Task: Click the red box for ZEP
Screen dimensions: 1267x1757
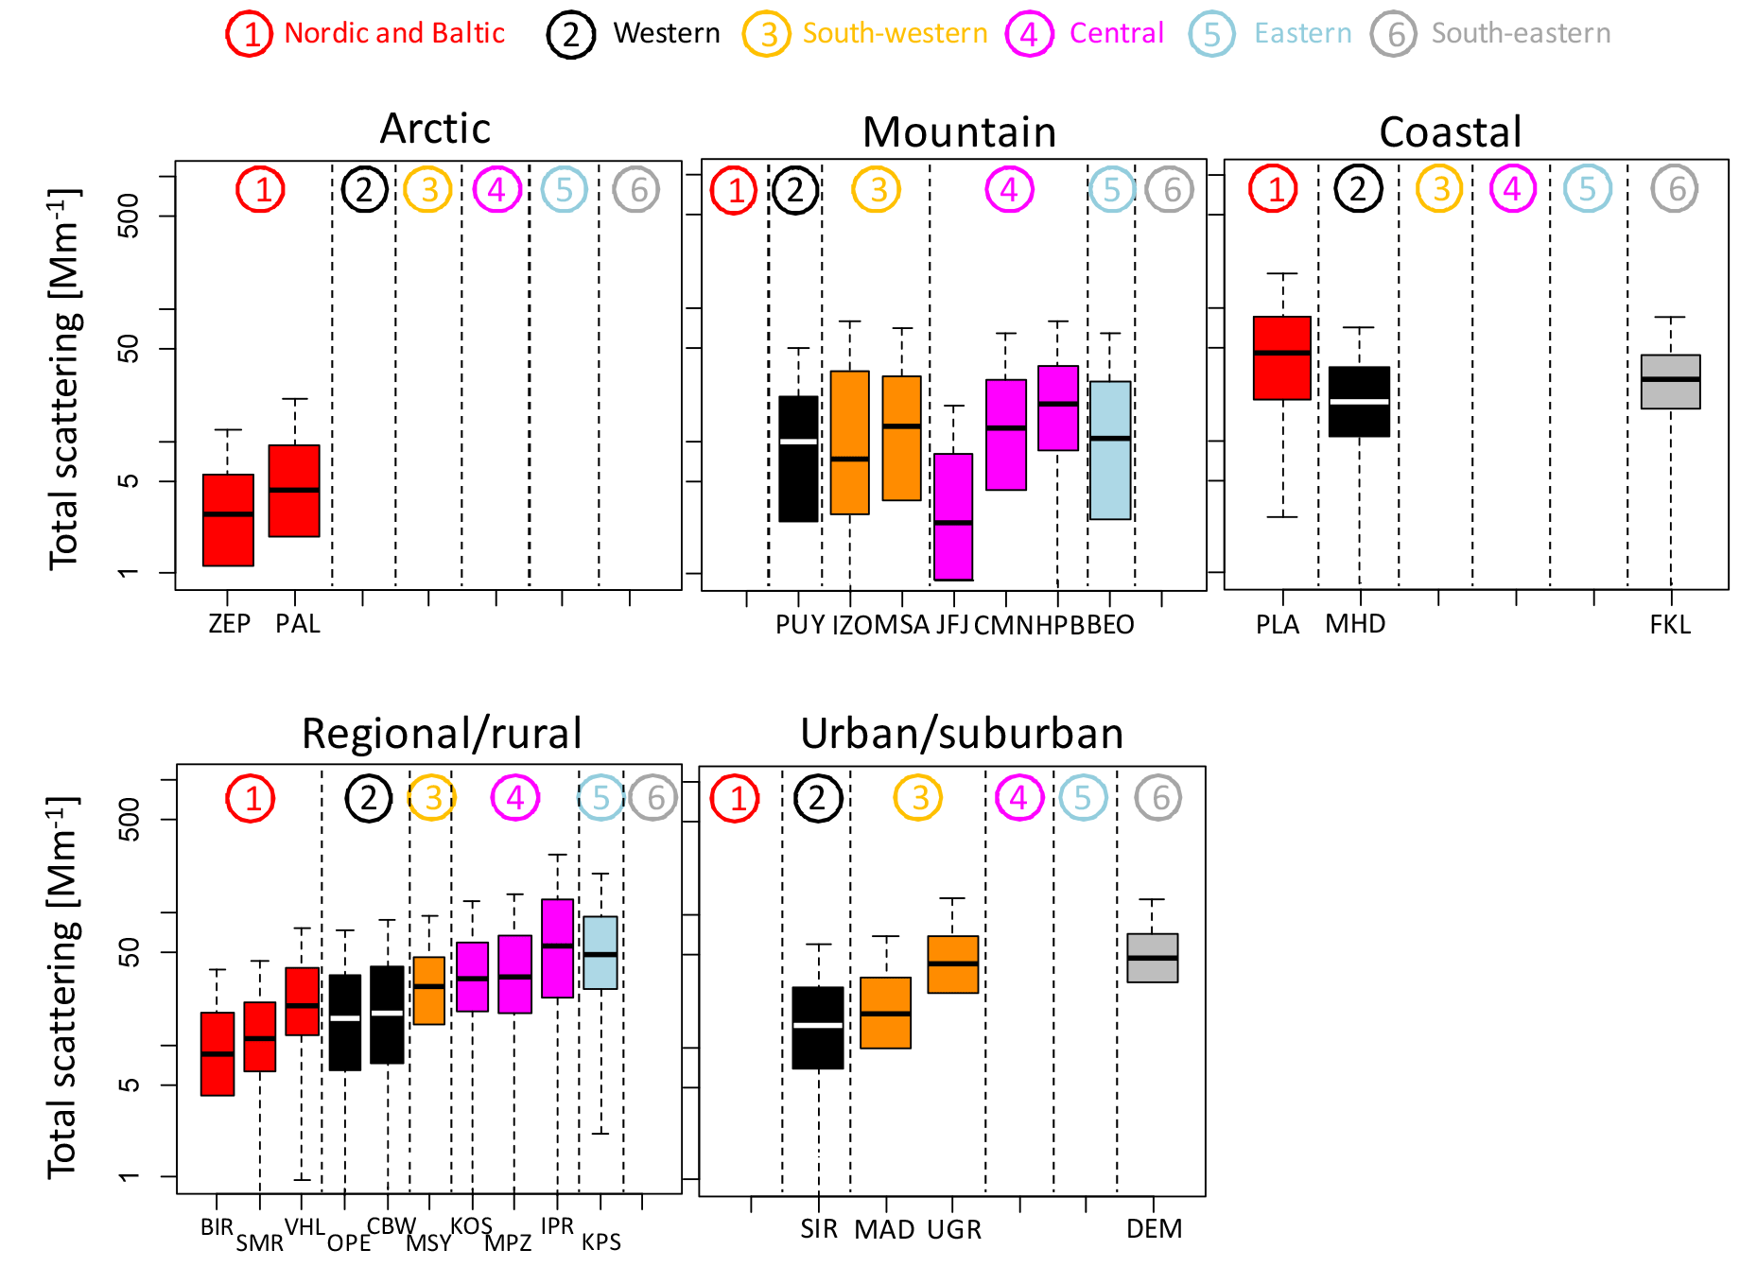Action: point(228,520)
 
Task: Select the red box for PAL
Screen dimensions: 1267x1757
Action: point(294,491)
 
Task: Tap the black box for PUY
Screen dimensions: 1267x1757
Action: point(798,459)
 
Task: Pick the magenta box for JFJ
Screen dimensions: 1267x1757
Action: point(953,516)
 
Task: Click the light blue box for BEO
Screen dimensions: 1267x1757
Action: point(1110,450)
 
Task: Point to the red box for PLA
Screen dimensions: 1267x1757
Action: point(1282,357)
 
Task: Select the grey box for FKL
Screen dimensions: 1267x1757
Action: point(1671,382)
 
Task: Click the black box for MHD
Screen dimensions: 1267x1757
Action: point(1359,402)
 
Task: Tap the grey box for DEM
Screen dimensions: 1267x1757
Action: point(1153,958)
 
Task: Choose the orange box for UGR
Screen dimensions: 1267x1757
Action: point(953,964)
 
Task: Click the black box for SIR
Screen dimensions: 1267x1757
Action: point(818,1028)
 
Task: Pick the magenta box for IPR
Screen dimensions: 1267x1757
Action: point(558,948)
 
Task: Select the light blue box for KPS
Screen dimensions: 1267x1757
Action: point(600,952)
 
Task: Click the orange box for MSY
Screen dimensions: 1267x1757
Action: point(429,991)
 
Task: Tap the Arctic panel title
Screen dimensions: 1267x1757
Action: point(435,129)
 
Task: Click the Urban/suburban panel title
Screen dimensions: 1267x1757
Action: point(962,734)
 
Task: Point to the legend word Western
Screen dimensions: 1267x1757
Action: point(667,33)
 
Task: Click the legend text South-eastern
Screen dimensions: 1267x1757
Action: point(1521,33)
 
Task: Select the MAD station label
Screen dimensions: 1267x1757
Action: point(884,1229)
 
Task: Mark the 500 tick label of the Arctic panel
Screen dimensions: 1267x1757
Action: point(129,216)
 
